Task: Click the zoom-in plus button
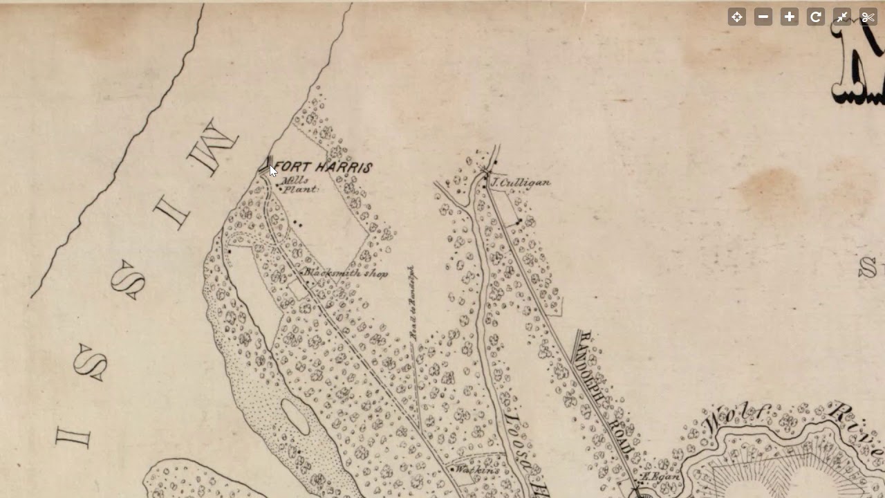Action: tap(790, 17)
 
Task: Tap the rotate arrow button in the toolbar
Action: tap(816, 17)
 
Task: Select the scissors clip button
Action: tap(868, 17)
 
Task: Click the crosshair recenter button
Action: tap(737, 17)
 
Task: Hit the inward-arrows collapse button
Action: tap(842, 17)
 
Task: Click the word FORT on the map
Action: tap(291, 167)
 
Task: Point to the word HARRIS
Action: tap(344, 167)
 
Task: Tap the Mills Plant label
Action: tap(298, 185)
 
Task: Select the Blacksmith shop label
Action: tap(346, 273)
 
